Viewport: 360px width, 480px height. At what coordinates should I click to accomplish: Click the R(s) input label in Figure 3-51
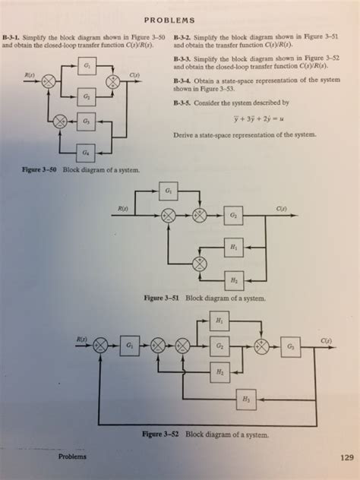120,207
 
